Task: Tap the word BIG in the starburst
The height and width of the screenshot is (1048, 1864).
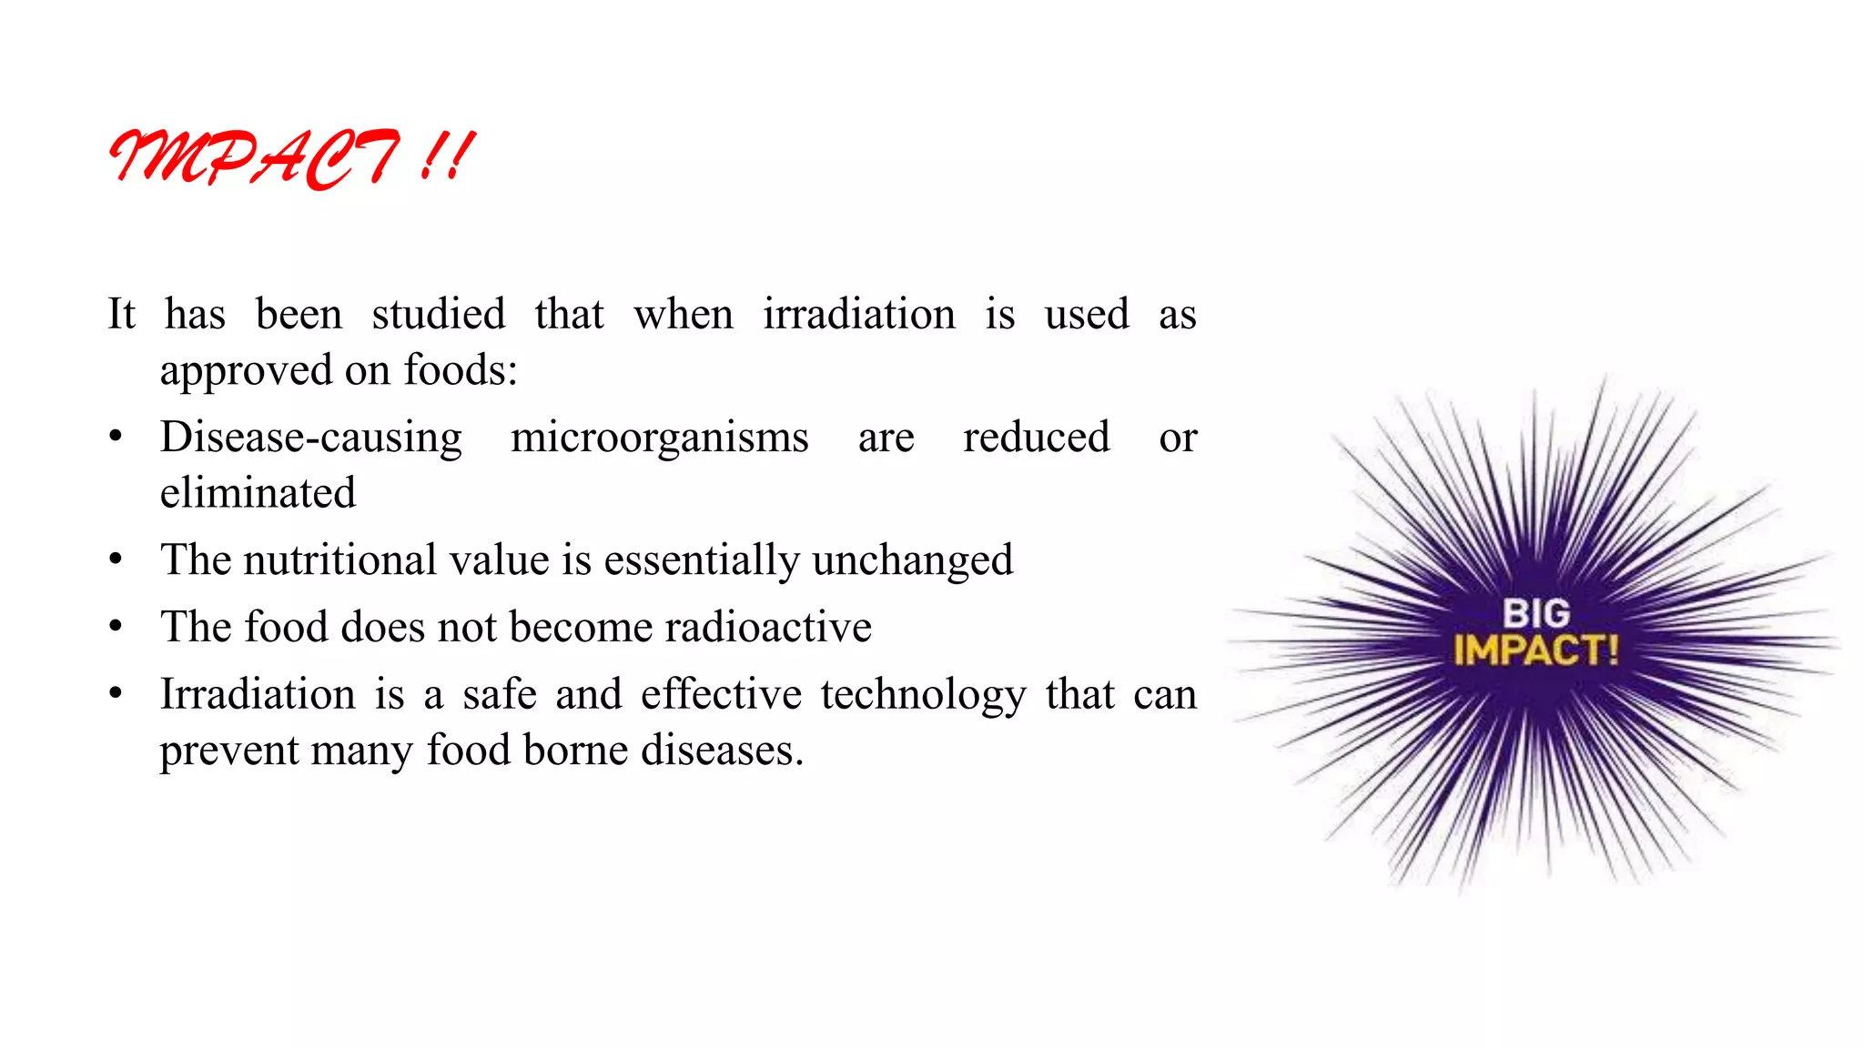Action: pos(1535,613)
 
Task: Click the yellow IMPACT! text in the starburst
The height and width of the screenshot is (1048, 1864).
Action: pos(1535,650)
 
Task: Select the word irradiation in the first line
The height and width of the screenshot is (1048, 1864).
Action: pos(859,315)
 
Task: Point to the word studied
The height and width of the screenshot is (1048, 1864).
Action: pos(438,315)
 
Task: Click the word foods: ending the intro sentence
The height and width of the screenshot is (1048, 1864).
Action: pos(461,370)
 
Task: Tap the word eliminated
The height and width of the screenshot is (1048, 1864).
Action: pos(258,493)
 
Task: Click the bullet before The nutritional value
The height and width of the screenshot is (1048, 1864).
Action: pos(116,560)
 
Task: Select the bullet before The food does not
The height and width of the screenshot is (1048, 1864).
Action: pos(116,628)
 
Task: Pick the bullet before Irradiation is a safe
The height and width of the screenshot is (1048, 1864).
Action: pos(116,695)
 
